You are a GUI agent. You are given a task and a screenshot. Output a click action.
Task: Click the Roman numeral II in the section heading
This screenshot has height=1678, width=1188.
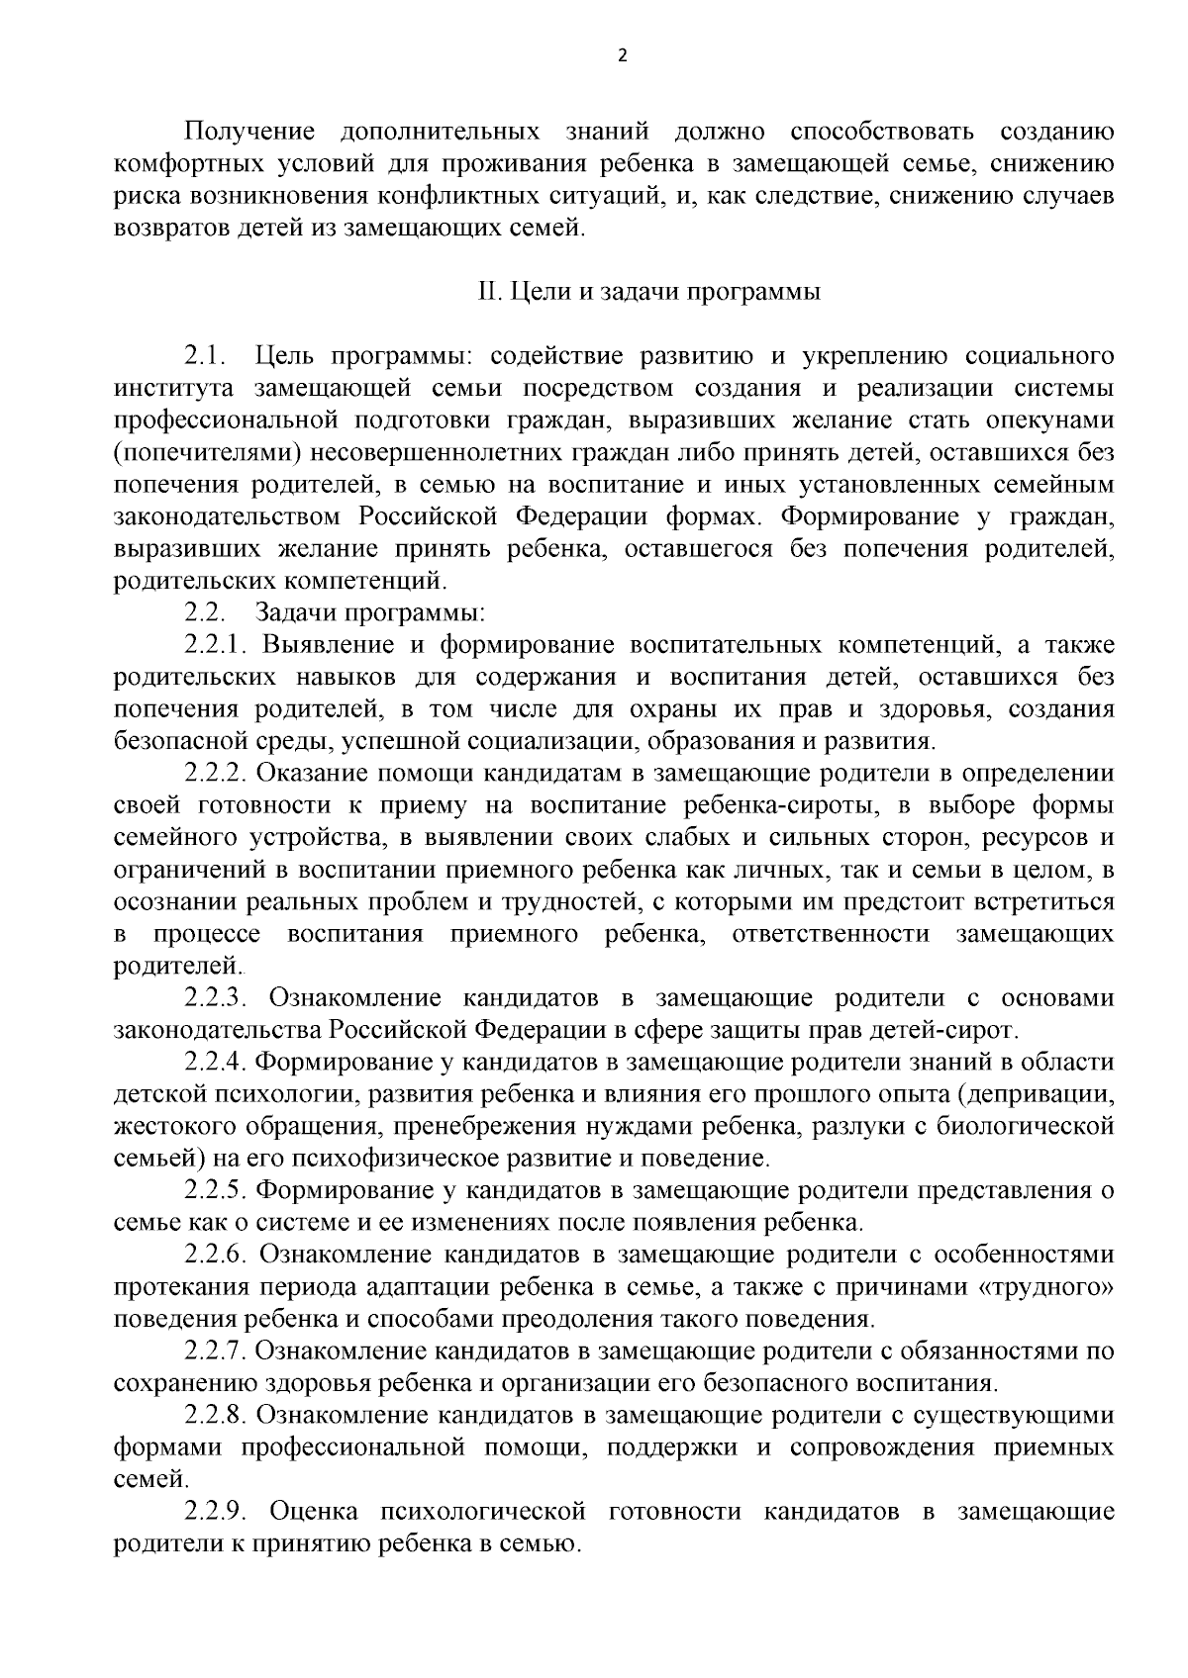[485, 294]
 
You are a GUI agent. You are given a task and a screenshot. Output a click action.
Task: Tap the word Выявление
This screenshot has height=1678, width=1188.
[329, 646]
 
